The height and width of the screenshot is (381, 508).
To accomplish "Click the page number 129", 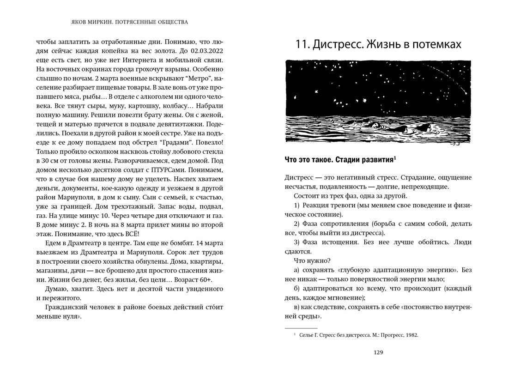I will (x=378, y=352).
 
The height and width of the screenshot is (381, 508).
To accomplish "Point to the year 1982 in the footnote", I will (x=411, y=335).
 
